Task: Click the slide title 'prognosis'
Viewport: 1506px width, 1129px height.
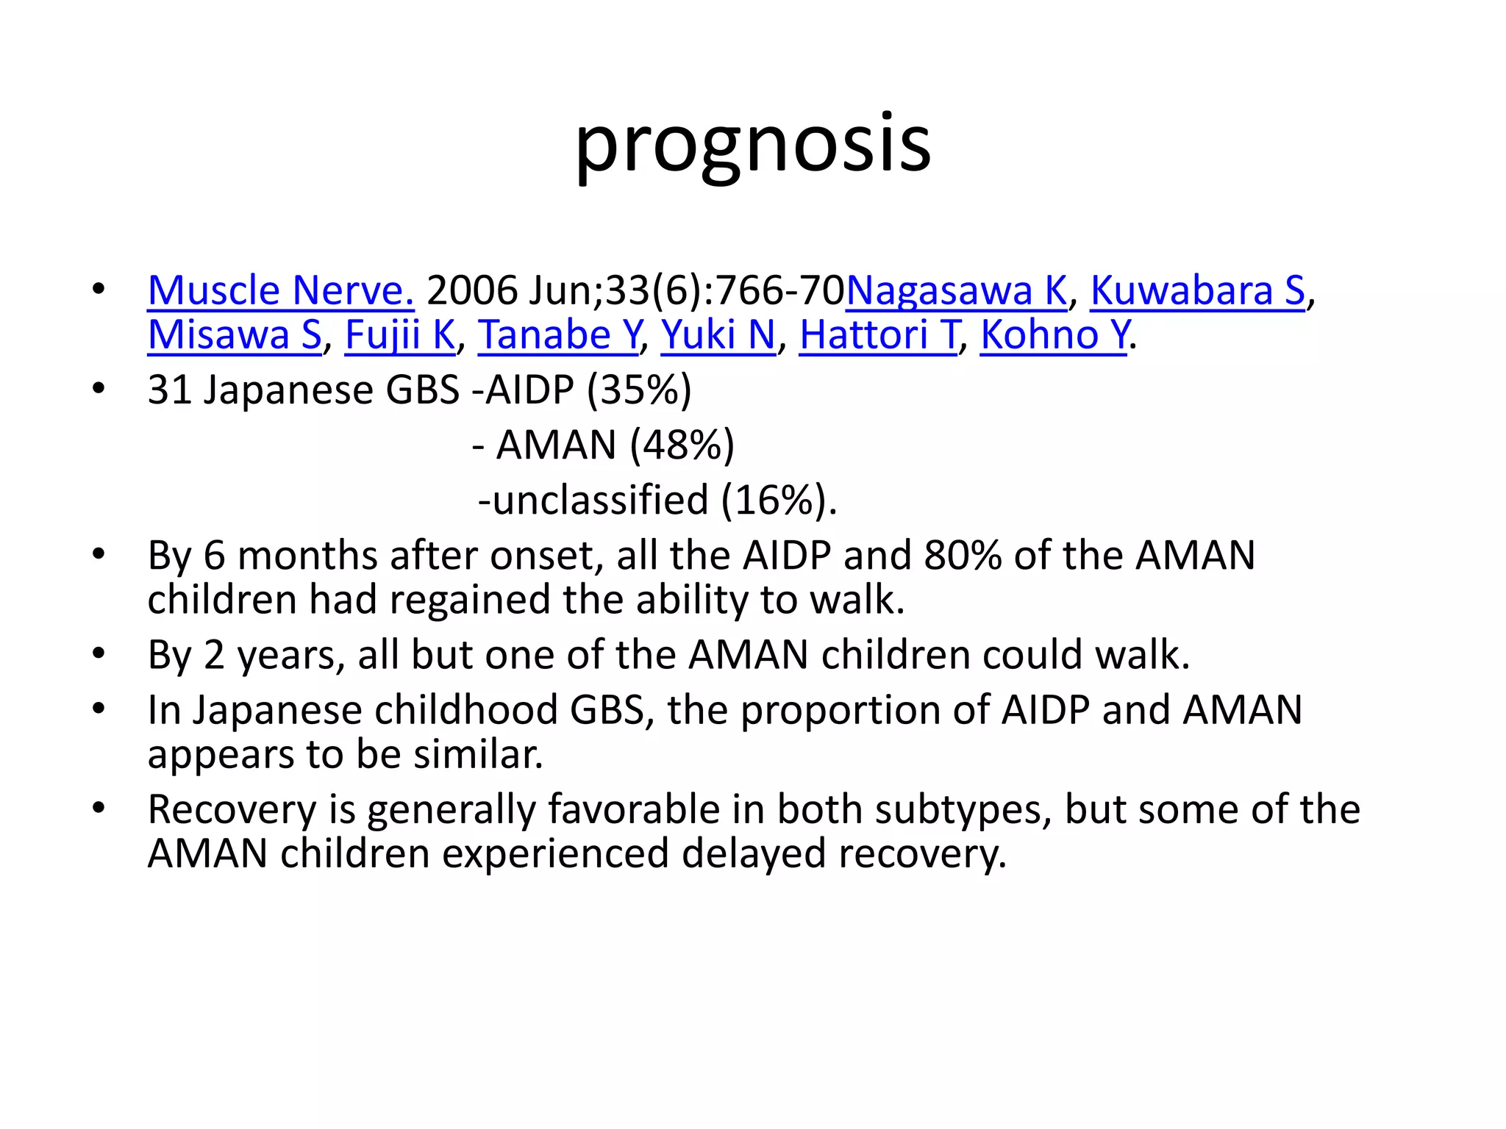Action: coord(752,144)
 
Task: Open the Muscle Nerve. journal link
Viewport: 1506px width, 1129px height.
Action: coord(280,290)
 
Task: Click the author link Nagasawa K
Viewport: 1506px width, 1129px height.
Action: coord(956,290)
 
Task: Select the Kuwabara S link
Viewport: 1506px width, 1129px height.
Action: coord(1197,290)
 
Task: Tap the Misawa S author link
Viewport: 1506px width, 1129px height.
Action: coord(235,335)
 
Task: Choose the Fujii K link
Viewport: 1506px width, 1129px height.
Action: coord(400,335)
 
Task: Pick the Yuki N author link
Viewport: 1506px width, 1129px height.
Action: coord(718,335)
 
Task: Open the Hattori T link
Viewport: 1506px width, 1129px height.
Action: coord(879,335)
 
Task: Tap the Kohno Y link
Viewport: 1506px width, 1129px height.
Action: coord(1054,335)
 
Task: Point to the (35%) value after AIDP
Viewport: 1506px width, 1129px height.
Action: coord(639,390)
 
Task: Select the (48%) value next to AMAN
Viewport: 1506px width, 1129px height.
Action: coord(682,445)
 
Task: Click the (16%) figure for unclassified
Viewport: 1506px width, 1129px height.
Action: coord(777,501)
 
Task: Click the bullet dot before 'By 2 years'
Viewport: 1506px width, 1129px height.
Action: coord(99,653)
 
